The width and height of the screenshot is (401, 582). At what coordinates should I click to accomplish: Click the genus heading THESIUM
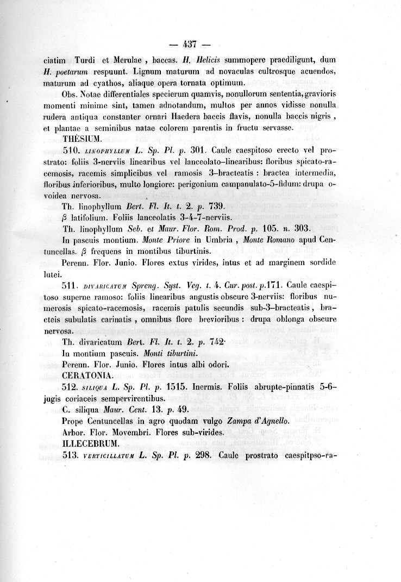coord(81,139)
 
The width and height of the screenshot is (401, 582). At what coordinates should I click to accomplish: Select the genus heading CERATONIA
coord(89,375)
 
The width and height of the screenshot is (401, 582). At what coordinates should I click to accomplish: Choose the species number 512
coord(72,387)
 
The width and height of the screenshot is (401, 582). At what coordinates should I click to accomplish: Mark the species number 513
coord(72,455)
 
